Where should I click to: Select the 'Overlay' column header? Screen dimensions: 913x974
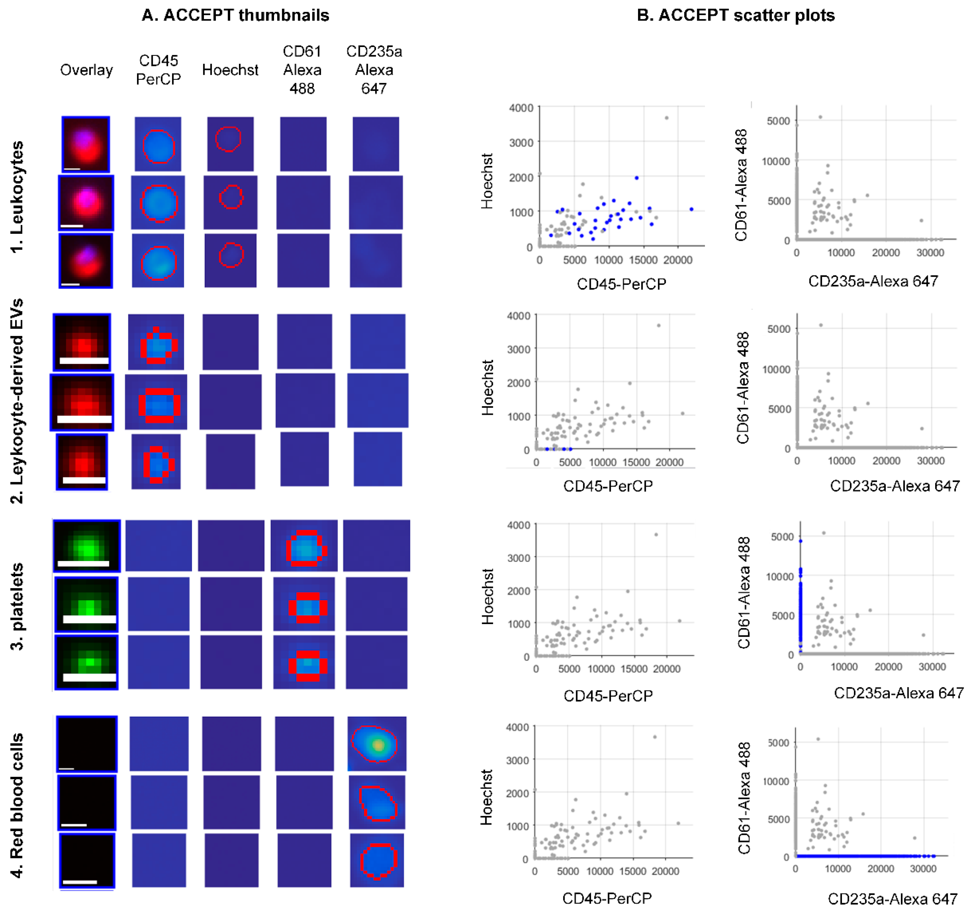(x=86, y=70)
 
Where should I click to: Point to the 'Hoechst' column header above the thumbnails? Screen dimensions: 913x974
(x=230, y=70)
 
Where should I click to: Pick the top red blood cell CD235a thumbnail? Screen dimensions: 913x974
(x=377, y=744)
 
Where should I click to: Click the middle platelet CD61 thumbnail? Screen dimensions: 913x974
(x=304, y=604)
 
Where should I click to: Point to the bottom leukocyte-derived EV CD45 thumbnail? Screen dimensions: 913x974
(x=156, y=462)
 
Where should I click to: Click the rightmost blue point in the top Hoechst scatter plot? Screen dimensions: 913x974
(x=691, y=209)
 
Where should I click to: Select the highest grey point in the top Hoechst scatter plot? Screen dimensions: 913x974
(x=666, y=118)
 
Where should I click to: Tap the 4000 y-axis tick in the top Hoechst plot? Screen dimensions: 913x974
(x=521, y=108)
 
